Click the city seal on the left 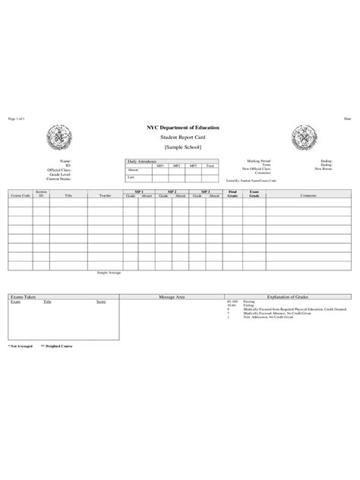pyautogui.click(x=59, y=137)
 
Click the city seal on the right pyautogui.click(x=303, y=137)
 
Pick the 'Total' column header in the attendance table pyautogui.click(x=210, y=166)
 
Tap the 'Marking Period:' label pyautogui.click(x=260, y=161)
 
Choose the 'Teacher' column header pyautogui.click(x=105, y=195)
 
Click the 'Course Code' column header pyautogui.click(x=20, y=195)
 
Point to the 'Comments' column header pyautogui.click(x=308, y=195)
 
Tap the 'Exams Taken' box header pyautogui.click(x=23, y=296)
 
